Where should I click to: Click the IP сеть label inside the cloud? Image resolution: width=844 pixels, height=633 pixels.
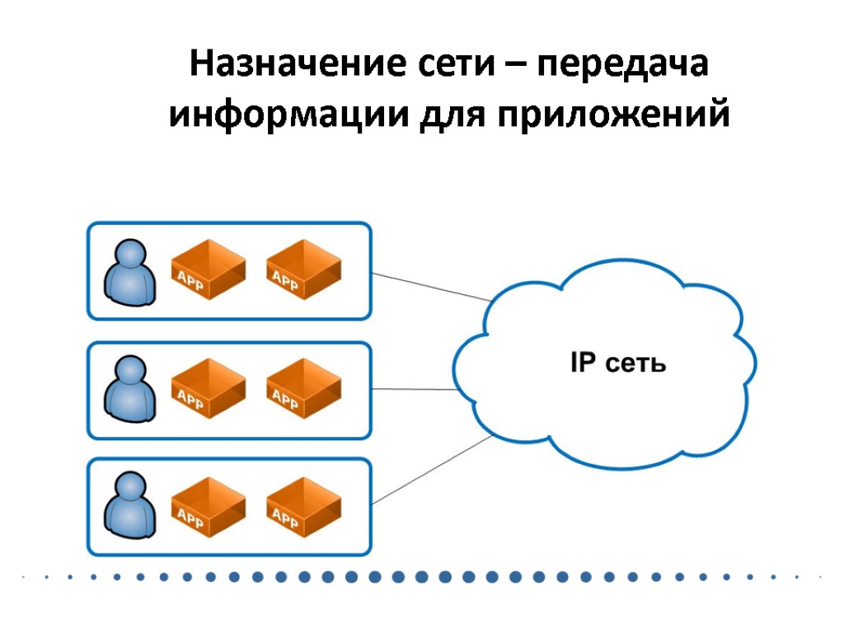(x=617, y=363)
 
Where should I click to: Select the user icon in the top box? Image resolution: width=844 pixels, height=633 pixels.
(x=129, y=271)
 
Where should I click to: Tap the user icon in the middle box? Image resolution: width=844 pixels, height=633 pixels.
(x=129, y=390)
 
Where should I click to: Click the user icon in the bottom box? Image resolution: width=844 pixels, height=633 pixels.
(x=129, y=505)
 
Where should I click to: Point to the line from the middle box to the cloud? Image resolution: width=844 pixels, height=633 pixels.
(x=412, y=389)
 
